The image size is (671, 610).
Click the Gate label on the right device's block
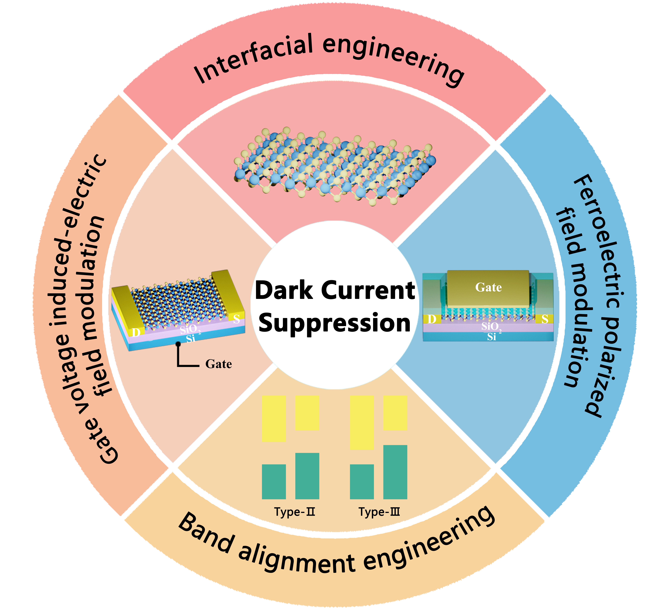tap(488, 287)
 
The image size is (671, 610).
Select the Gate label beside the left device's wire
tap(218, 364)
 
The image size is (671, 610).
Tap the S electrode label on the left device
tap(236, 319)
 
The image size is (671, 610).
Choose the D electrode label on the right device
tap(432, 319)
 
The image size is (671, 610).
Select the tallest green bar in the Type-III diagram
tap(395, 472)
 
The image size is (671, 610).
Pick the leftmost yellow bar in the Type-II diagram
tap(274, 418)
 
